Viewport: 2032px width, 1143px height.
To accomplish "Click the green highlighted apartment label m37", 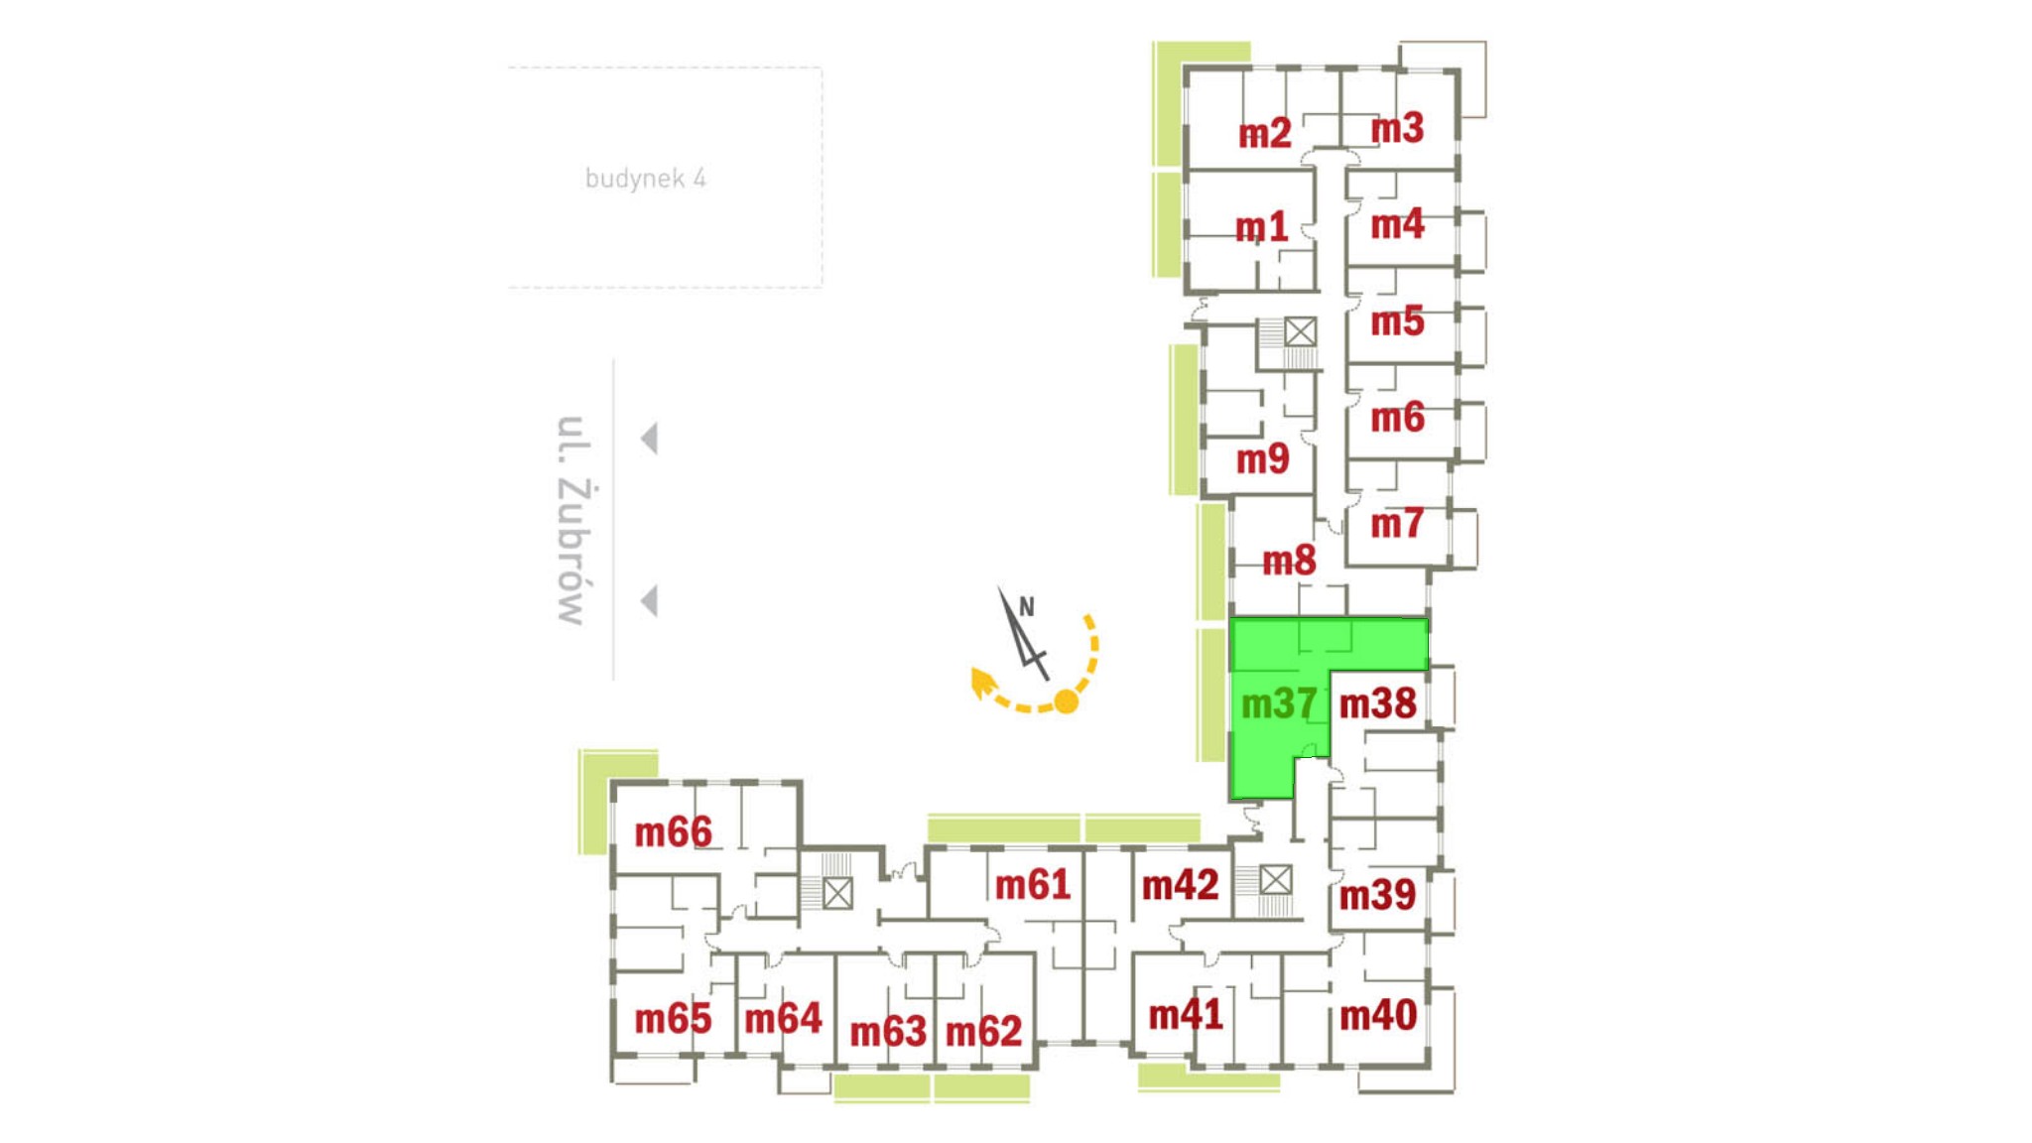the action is coord(1279,703).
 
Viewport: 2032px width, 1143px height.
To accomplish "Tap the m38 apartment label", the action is coord(1377,703).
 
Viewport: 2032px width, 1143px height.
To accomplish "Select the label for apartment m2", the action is coord(1264,133).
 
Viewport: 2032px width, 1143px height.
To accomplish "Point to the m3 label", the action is coord(1397,128).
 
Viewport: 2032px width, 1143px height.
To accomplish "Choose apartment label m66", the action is coord(673,831).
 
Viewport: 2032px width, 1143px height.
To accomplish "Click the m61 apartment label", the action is coord(1032,884).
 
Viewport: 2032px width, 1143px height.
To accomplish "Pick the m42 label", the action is coord(1180,884).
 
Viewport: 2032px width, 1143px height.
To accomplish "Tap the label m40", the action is coord(1377,1015).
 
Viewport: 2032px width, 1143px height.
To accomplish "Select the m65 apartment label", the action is coord(673,1019).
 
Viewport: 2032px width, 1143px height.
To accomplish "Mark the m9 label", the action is coord(1262,458).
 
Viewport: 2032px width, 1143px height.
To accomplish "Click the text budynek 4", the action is coord(645,179).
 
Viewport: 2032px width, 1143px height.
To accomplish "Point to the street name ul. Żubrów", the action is coord(572,520).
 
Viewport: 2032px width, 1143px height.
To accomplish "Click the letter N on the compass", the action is coord(1027,606).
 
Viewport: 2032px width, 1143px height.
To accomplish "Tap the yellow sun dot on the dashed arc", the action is coord(1066,701).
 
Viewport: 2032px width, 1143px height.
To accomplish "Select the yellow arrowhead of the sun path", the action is coord(982,683).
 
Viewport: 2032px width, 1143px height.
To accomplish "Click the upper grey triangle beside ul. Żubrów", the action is coord(649,438).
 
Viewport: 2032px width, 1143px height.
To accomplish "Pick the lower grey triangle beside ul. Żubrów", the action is coord(649,600).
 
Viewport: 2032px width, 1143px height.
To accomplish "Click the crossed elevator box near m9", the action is coord(1300,331).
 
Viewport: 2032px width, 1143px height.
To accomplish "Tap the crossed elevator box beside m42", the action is coord(1275,880).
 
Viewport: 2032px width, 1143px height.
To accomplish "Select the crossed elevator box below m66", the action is coord(837,894).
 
